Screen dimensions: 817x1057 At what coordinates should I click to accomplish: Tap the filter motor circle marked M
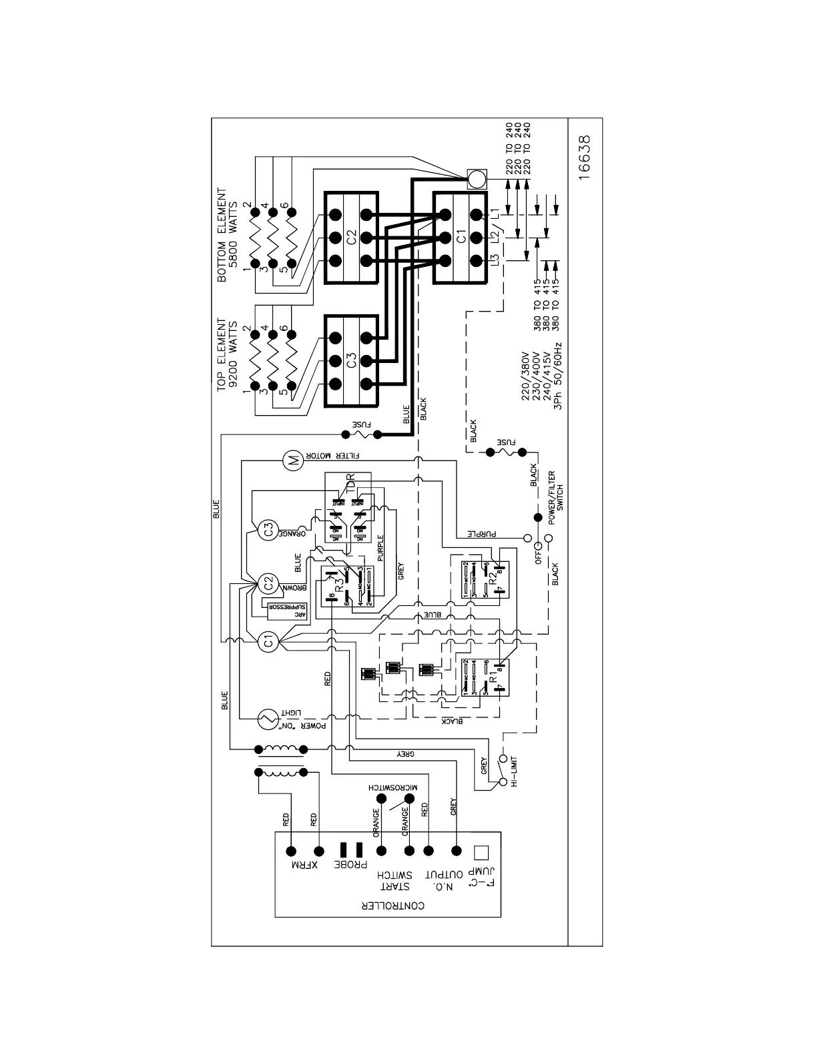(x=292, y=459)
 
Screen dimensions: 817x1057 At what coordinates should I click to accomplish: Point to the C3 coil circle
(x=268, y=531)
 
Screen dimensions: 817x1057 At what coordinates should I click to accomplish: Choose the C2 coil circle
(x=268, y=583)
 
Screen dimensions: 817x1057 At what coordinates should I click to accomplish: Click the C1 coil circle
(x=268, y=642)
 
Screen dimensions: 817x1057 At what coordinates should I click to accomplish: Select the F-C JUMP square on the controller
(x=481, y=852)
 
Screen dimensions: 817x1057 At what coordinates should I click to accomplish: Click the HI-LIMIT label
(x=514, y=772)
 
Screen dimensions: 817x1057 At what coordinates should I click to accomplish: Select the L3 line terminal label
(x=495, y=261)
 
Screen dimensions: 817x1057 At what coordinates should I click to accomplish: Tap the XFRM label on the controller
(x=305, y=865)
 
